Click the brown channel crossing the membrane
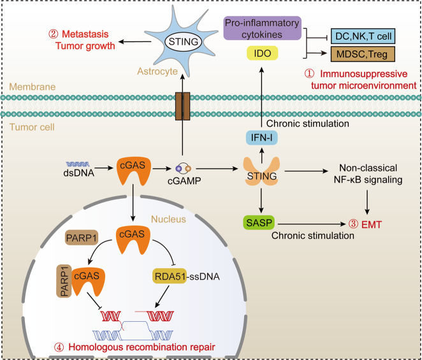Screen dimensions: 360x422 (x=183, y=104)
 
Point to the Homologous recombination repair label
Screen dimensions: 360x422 (x=132, y=348)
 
